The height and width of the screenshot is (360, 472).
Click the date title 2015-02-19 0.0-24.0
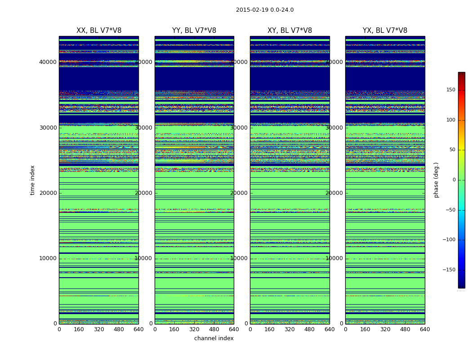coord(265,10)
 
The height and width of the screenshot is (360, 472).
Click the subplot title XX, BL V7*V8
coord(99,31)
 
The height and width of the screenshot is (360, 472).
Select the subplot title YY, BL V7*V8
coord(194,31)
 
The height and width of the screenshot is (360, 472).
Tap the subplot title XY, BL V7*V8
coord(289,31)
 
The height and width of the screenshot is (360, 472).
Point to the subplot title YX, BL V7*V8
coord(385,31)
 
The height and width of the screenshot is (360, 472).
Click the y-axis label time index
coord(32,180)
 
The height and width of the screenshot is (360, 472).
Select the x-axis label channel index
coord(214,338)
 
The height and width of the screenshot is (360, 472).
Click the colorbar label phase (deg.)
coord(436,180)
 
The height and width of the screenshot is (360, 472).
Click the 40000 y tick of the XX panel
coord(48,62)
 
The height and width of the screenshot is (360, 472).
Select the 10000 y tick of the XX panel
coord(48,258)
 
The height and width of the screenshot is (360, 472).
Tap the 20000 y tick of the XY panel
coord(239,193)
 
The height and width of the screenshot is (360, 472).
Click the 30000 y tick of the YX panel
coord(334,128)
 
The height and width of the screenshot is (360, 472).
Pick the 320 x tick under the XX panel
coord(99,329)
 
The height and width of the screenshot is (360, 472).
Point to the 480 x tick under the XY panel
coord(309,329)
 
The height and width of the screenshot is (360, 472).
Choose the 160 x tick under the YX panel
coord(365,329)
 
